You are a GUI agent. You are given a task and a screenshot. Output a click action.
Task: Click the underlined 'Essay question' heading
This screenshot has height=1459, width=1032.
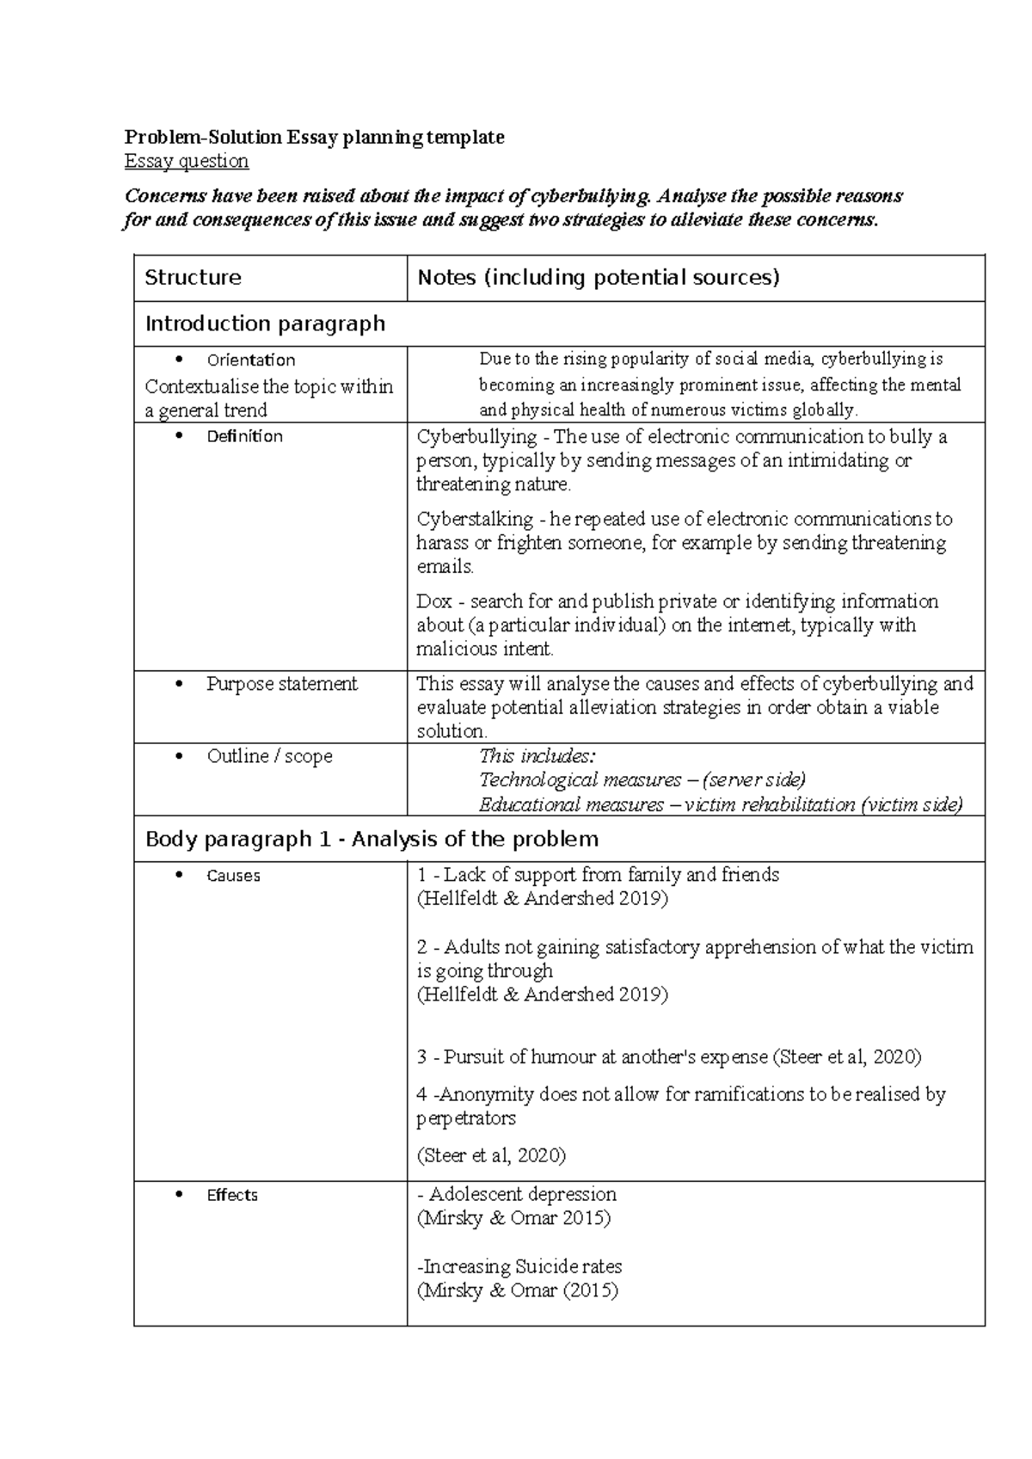[187, 161]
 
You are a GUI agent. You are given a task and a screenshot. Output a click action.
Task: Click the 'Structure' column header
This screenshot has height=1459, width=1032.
[193, 277]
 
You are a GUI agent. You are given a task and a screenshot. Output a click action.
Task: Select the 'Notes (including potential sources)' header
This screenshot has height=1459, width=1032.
[598, 277]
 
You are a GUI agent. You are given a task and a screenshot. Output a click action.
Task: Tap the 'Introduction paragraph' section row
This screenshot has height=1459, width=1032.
[265, 323]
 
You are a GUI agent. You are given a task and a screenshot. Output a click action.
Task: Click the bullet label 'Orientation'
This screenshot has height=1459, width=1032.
[250, 360]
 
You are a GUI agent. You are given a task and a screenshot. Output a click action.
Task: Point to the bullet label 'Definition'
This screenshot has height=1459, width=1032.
[244, 436]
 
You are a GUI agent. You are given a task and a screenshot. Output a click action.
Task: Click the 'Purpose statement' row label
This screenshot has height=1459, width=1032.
[281, 684]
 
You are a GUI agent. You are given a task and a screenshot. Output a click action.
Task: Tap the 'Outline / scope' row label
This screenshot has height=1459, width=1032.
[269, 756]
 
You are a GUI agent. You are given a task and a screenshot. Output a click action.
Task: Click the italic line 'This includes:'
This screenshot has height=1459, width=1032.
[537, 756]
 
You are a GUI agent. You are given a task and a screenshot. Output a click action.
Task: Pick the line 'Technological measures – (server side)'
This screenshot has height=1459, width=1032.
[642, 779]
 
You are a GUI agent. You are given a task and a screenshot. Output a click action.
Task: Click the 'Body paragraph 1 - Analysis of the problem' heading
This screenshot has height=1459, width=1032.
[372, 839]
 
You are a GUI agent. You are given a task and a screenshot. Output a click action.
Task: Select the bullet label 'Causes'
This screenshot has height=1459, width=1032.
[233, 876]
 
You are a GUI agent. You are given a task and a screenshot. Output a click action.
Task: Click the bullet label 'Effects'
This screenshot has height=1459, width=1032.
[231, 1195]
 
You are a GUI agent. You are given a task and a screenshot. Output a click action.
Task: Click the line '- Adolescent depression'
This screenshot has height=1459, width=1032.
[516, 1194]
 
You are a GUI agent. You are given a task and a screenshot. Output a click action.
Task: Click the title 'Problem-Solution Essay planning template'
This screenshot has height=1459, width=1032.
[314, 137]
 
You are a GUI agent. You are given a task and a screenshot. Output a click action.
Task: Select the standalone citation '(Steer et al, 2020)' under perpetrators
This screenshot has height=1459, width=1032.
[490, 1155]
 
